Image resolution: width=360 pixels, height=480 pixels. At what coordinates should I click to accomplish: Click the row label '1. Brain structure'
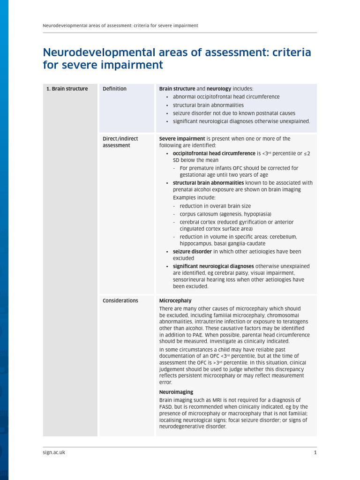[67, 89]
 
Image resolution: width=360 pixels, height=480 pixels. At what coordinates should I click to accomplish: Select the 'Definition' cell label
[114, 89]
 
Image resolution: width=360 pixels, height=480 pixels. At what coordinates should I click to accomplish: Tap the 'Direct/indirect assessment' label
[117, 142]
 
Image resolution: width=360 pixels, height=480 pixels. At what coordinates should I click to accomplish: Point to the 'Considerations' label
[120, 300]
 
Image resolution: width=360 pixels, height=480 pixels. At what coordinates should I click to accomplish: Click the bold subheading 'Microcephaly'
[175, 300]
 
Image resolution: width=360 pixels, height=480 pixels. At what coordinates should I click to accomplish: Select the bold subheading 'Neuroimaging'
[176, 392]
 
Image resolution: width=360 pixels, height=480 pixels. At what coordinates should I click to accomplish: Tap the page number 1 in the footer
[315, 452]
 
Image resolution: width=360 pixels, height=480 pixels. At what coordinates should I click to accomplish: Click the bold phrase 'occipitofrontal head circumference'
[214, 153]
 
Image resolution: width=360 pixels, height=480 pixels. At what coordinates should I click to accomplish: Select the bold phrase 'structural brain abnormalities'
[208, 183]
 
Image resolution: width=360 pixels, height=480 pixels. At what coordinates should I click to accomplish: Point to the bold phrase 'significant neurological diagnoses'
[213, 266]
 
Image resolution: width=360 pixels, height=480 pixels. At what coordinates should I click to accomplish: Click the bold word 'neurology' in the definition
[219, 89]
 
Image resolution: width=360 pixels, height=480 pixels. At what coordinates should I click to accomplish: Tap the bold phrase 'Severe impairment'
[182, 139]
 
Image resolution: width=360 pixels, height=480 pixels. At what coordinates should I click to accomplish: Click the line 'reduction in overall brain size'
[215, 206]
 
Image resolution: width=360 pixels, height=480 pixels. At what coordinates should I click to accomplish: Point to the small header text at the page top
[120, 25]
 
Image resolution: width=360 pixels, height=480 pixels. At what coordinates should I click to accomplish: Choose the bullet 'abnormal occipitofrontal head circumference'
[226, 97]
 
